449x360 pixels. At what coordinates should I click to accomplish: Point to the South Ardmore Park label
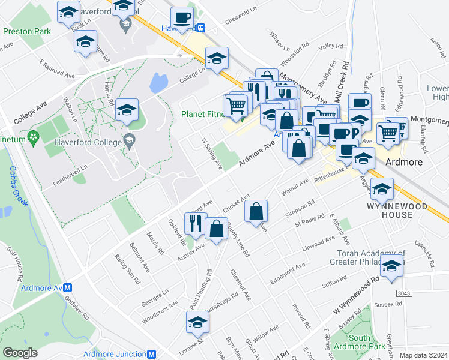point(367,343)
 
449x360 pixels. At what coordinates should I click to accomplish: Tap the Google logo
point(20,353)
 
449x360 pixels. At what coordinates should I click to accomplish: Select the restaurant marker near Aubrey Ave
point(196,223)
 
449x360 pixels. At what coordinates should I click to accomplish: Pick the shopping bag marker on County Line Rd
point(256,211)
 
